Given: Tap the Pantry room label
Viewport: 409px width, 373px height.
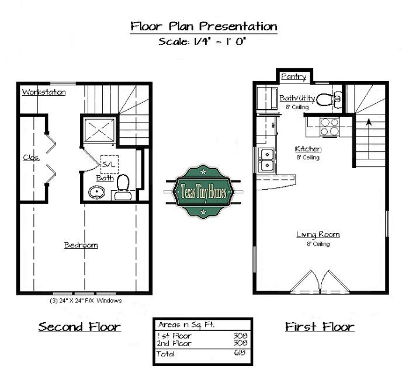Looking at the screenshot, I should click(293, 77).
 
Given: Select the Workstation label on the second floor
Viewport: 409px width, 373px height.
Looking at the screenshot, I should click(43, 92).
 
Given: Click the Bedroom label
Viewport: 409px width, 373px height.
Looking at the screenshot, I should click(81, 245).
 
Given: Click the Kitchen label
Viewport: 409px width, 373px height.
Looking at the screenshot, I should click(308, 149).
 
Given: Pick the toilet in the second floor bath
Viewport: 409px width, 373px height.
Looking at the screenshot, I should click(123, 185).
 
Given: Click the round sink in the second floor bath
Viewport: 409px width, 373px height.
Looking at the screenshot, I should click(95, 191).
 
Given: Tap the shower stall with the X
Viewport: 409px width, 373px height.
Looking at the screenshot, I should click(99, 130).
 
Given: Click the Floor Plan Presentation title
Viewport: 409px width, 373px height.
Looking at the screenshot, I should click(204, 27).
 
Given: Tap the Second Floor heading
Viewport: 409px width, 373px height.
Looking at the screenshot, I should click(79, 327).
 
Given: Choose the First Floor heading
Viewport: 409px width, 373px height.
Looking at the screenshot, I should click(320, 327).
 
